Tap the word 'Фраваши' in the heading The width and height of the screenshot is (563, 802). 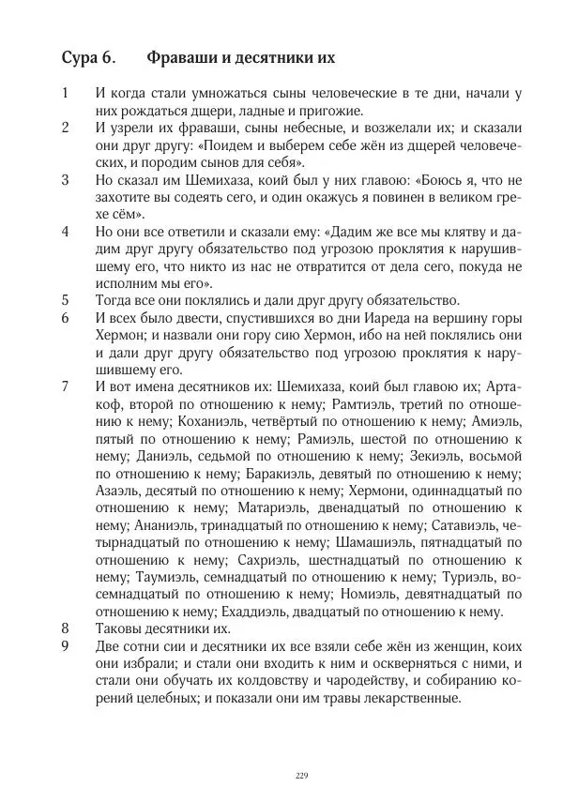[182, 58]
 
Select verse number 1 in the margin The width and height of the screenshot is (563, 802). [65, 93]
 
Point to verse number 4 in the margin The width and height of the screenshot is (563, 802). [65, 231]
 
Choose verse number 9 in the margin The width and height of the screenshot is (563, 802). [65, 647]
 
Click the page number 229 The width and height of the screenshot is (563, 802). [301, 774]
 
